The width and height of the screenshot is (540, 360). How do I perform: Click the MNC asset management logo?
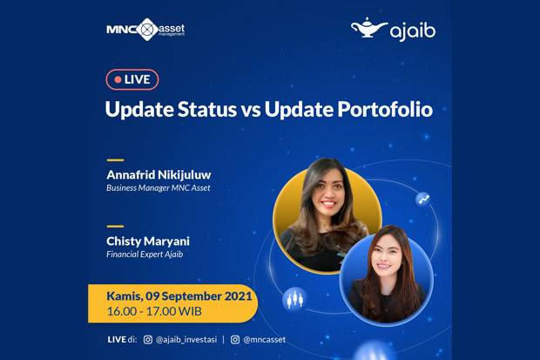[x=145, y=30]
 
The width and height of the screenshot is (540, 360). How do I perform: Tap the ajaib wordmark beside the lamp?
[x=413, y=31]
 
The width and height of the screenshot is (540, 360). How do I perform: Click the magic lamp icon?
[x=368, y=27]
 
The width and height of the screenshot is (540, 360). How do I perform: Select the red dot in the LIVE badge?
[x=118, y=79]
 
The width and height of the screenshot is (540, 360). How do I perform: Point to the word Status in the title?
[x=207, y=109]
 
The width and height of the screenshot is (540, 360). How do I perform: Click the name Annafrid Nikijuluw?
[x=159, y=174]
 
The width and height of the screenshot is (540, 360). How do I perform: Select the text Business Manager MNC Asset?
[x=159, y=188]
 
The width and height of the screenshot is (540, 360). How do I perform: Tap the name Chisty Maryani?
[x=148, y=241]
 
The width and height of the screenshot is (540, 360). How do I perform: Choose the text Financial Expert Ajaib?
[x=145, y=255]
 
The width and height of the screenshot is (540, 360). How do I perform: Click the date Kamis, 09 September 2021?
[x=179, y=296]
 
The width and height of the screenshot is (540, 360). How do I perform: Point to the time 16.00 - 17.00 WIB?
[x=154, y=311]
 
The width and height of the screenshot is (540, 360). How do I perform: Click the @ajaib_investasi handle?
[x=186, y=340]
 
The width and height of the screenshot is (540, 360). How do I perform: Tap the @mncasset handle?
[x=265, y=340]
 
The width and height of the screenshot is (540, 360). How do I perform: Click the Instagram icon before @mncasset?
[x=235, y=340]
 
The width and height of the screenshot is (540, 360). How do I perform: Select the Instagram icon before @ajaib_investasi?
[x=148, y=340]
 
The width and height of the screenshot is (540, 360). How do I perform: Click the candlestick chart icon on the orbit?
[x=295, y=299]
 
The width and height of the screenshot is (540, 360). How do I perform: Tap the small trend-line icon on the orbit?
[x=423, y=199]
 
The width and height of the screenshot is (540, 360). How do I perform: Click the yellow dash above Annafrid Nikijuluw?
[x=115, y=160]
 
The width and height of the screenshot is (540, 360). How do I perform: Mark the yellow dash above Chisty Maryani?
[x=115, y=227]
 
